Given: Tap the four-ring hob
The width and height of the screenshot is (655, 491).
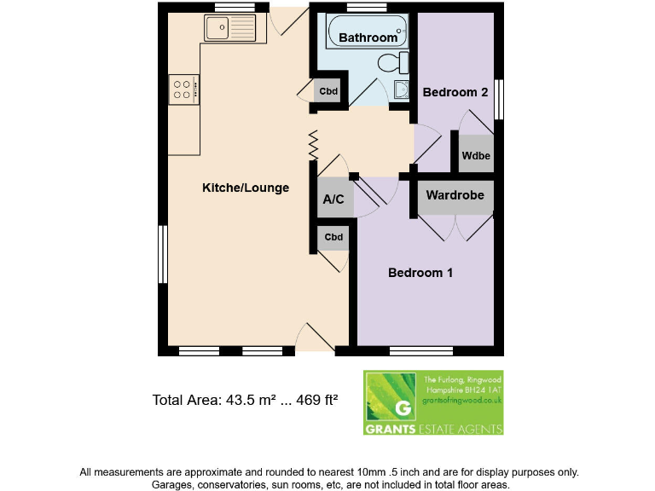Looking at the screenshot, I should point(183,89).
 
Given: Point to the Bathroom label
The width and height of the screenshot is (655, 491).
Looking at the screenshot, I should point(368,38).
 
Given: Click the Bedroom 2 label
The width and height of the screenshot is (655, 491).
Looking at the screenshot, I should point(455,92).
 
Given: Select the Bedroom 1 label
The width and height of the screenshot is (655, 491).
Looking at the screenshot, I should point(420,273).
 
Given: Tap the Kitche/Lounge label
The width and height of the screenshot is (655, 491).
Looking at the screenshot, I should point(246,188).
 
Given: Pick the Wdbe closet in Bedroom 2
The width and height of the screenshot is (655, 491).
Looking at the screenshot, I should point(476,155).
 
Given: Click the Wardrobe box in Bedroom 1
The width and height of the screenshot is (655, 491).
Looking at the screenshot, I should point(455,196).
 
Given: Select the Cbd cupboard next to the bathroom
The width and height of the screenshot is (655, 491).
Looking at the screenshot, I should point(327,91).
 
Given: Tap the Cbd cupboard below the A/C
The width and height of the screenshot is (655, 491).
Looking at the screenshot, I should point(333,238).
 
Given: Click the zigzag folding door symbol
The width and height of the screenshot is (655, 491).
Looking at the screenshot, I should point(313,145).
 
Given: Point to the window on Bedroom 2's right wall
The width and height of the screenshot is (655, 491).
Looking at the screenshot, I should point(501,99).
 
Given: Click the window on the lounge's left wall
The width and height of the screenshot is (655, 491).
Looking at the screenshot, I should point(162,256).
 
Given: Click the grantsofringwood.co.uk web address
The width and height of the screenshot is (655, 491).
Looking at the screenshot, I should point(461,399).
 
